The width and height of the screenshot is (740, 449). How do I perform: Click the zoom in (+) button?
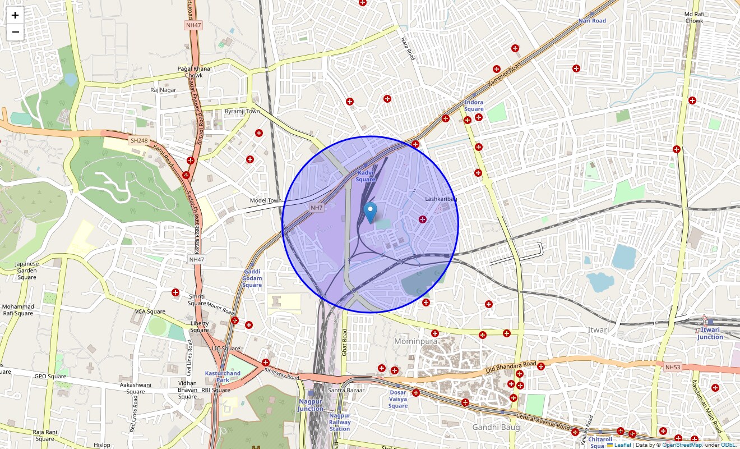pyautogui.click(x=15, y=15)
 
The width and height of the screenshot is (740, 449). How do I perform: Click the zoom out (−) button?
pyautogui.click(x=15, y=32)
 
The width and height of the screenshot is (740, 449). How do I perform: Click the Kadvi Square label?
pyautogui.click(x=366, y=176)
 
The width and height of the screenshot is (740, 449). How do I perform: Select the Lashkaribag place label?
pyautogui.click(x=441, y=199)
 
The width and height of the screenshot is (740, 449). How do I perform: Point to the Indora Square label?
pyautogui.click(x=474, y=106)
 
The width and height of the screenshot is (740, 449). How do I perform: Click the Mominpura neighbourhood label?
pyautogui.click(x=415, y=341)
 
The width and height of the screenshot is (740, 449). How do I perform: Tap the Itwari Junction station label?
pyautogui.click(x=710, y=333)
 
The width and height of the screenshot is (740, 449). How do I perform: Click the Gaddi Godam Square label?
pyautogui.click(x=252, y=278)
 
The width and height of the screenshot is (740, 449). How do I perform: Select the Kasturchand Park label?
pyautogui.click(x=223, y=377)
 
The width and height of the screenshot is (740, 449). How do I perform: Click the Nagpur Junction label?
pyautogui.click(x=310, y=405)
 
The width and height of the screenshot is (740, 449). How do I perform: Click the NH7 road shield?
pyautogui.click(x=317, y=208)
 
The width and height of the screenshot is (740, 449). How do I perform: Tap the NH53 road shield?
pyautogui.click(x=672, y=367)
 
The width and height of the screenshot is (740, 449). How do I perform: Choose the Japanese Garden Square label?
pyautogui.click(x=27, y=270)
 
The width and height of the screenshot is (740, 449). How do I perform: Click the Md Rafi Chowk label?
pyautogui.click(x=693, y=17)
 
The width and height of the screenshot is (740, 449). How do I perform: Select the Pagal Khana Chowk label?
pyautogui.click(x=193, y=72)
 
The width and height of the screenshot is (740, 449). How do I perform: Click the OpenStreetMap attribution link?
pyautogui.click(x=682, y=445)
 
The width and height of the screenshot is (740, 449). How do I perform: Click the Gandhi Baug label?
pyautogui.click(x=496, y=427)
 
